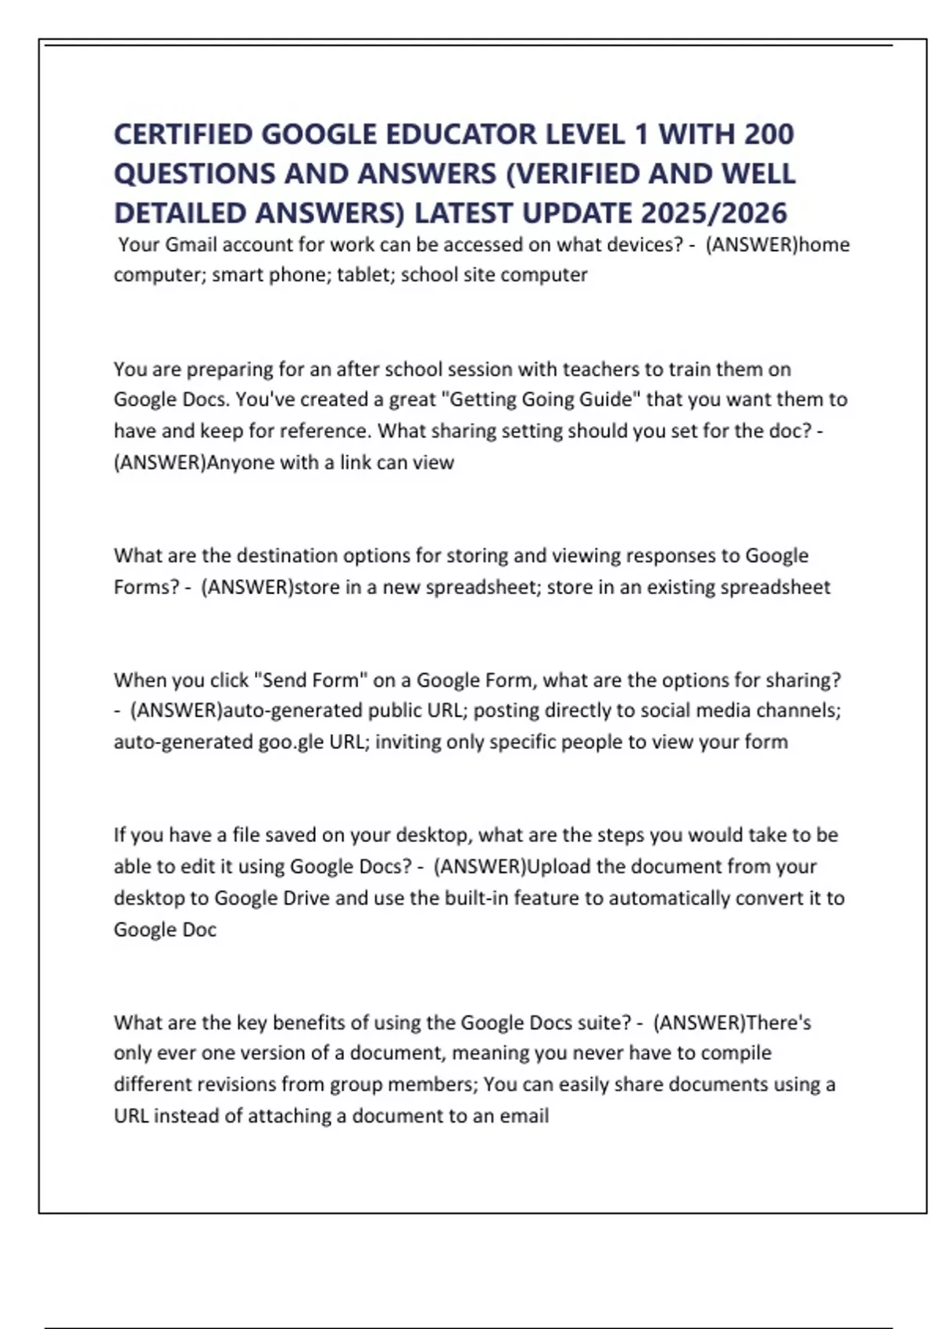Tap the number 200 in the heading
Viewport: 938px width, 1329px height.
point(768,134)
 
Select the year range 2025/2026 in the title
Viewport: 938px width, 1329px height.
point(713,213)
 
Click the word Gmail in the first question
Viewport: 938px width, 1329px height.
point(191,245)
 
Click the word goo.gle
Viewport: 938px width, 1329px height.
point(291,742)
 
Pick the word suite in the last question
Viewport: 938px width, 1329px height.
point(603,1023)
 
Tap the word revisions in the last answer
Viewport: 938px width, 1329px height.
point(234,1084)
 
